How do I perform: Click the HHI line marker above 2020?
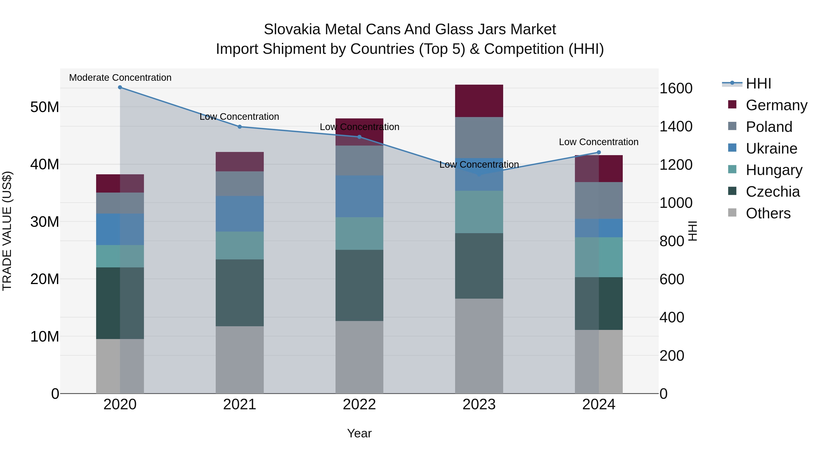coord(120,87)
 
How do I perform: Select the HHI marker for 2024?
coord(599,152)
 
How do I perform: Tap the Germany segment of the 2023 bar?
coord(479,101)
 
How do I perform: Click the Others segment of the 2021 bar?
coord(240,360)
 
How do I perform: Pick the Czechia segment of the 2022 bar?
coord(359,285)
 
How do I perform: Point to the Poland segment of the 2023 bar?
coord(479,137)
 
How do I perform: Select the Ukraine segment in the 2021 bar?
coord(240,214)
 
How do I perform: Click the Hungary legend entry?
coord(774,170)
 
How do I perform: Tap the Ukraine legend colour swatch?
coord(732,148)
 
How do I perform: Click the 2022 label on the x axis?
coord(359,405)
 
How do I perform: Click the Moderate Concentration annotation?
coord(120,78)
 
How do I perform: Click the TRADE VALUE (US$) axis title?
coord(7,231)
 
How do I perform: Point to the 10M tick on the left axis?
coord(45,336)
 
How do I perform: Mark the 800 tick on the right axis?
coord(672,241)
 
